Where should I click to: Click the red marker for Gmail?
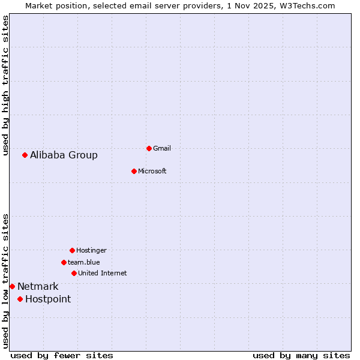pos(149,148)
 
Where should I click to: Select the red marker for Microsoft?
pos(134,171)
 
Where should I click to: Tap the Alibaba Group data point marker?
pos(25,155)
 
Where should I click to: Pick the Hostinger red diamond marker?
pos(72,250)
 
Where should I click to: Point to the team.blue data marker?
pos(64,262)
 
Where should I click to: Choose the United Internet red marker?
pos(74,273)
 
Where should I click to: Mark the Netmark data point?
pos(12,286)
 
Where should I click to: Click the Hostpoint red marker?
pos(20,299)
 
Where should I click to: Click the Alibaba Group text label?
pos(64,155)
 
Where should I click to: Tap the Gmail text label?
pos(162,148)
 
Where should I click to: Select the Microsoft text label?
pos(152,172)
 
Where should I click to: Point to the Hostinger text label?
pos(91,250)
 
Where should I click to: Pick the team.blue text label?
pos(84,262)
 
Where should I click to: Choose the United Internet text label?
pos(102,274)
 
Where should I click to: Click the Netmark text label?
pos(38,287)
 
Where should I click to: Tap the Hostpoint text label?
pos(48,299)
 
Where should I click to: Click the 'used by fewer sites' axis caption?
pos(62,356)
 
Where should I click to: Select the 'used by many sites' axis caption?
pos(301,356)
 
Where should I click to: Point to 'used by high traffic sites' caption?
pos(6,85)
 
